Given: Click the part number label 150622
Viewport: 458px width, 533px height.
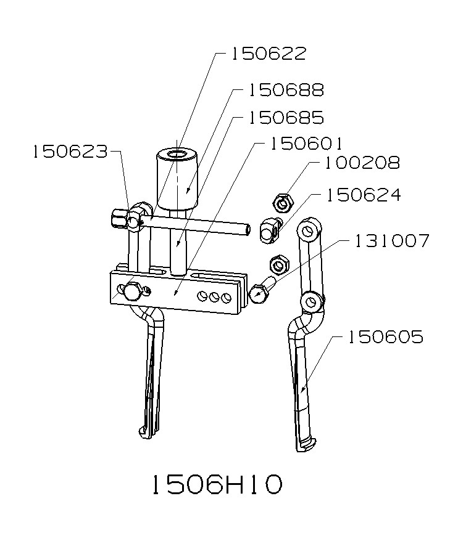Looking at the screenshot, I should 269,54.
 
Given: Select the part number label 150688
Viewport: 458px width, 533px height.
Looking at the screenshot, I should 286,90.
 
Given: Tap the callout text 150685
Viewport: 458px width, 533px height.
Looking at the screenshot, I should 286,117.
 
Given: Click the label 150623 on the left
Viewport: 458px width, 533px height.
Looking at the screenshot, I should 70,152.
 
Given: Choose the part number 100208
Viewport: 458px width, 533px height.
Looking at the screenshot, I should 362,163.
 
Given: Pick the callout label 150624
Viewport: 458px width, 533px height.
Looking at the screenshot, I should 364,195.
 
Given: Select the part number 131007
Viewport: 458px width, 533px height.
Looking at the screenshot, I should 391,241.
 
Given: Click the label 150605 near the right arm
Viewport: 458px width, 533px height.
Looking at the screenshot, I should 385,337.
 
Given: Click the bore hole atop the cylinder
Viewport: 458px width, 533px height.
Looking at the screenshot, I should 178,153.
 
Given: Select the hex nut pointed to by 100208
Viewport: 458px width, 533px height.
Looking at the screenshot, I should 283,201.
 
